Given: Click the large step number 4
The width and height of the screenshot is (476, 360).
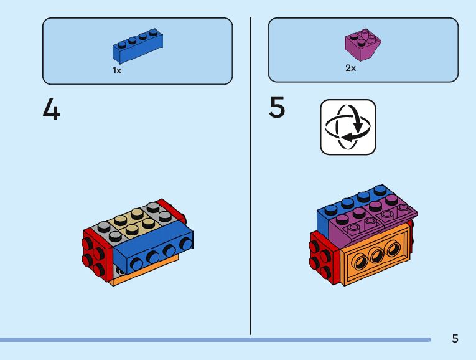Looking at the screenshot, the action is (52, 110).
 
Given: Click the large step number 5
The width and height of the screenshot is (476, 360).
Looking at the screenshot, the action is (278, 108).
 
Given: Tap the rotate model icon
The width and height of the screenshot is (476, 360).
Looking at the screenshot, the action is (348, 127).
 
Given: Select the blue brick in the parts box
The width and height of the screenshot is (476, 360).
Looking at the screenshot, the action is (138, 47).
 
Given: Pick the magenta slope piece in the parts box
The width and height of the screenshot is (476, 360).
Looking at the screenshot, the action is (362, 46).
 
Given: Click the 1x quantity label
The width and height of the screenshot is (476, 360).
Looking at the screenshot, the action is (116, 70).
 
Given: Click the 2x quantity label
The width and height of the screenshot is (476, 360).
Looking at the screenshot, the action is (350, 68).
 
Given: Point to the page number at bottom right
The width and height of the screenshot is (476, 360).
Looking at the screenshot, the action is (455, 338).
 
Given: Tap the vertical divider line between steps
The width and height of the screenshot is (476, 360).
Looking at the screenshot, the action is (251, 174).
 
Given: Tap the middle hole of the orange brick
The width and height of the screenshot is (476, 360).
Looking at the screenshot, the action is (376, 255).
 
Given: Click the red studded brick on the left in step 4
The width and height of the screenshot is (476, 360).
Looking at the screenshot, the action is (96, 252).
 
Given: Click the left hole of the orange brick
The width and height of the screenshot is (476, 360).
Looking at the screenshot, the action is (360, 261).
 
